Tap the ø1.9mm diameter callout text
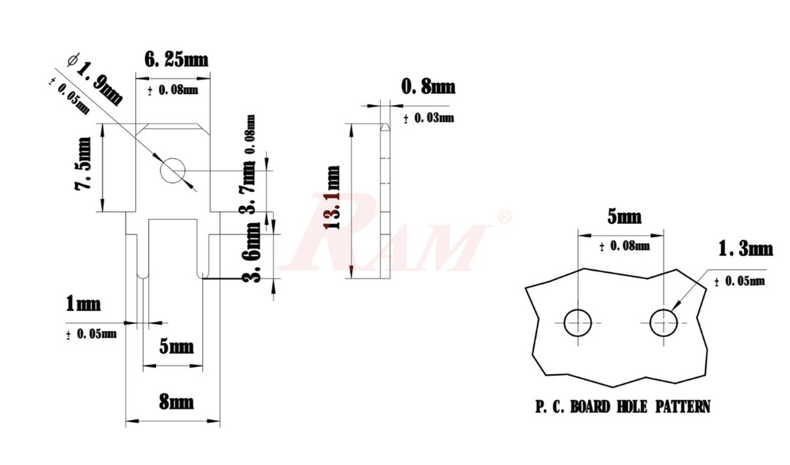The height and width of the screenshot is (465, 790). click(96, 79)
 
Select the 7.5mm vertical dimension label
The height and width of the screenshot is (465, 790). click(83, 174)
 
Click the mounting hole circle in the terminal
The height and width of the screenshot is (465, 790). click(172, 170)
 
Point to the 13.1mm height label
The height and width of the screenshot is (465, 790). click(333, 199)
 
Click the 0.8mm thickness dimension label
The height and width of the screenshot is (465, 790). click(427, 87)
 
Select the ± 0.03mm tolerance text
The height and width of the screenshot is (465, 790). click(429, 118)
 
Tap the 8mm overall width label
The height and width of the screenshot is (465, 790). click(177, 403)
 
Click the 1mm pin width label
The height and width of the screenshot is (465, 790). click(83, 304)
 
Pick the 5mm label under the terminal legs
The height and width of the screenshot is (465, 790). click(176, 347)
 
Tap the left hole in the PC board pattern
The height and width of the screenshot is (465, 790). click(577, 322)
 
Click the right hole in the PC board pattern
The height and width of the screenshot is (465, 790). click(663, 322)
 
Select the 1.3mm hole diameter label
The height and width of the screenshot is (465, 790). click(745, 248)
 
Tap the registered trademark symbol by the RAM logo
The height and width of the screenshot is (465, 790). click(505, 217)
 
